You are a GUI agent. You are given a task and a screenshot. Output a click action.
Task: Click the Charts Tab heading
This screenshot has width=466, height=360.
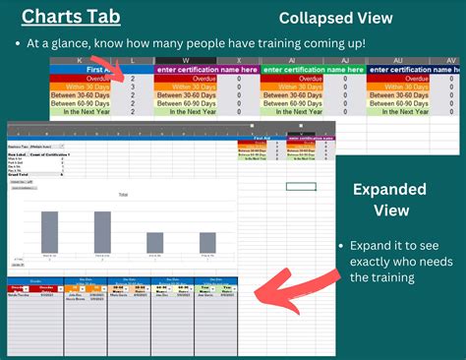pos(68,18)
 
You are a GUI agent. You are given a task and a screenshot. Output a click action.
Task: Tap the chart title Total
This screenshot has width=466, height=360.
pos(123,195)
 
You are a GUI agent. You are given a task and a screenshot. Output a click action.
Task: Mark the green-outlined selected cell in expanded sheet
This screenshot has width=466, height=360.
pos(301,186)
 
